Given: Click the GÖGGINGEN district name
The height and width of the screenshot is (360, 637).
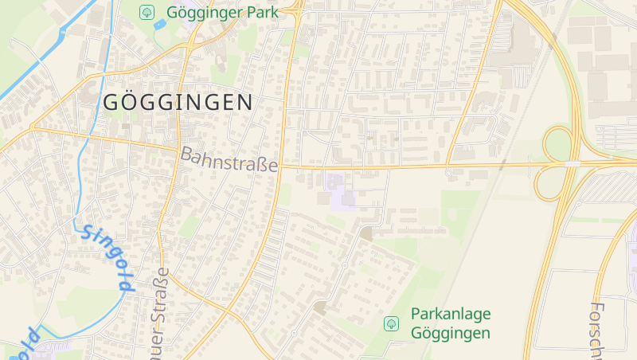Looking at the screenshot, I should [178, 102].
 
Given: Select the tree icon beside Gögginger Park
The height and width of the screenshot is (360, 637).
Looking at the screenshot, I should [147, 13].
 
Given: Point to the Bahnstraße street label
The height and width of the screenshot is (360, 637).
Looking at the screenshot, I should [229, 159].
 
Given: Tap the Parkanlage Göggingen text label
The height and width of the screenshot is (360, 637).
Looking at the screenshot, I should [451, 323].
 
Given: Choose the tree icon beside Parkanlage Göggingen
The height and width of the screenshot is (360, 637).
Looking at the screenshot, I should [391, 323].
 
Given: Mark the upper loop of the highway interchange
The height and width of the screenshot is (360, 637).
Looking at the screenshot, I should [558, 144].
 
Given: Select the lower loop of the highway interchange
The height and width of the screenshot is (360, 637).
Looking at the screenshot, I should [549, 183].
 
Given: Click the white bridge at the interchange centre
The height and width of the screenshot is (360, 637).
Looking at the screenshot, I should [573, 163].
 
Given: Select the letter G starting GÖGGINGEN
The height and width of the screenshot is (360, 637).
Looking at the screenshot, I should [112, 102].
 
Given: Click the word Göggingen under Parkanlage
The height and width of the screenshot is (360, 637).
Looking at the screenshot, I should [451, 333].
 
